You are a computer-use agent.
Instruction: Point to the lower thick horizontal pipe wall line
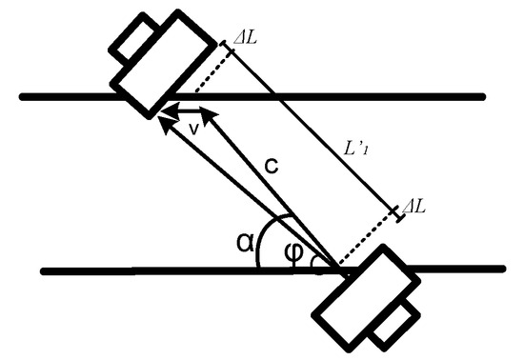point(143,270)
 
